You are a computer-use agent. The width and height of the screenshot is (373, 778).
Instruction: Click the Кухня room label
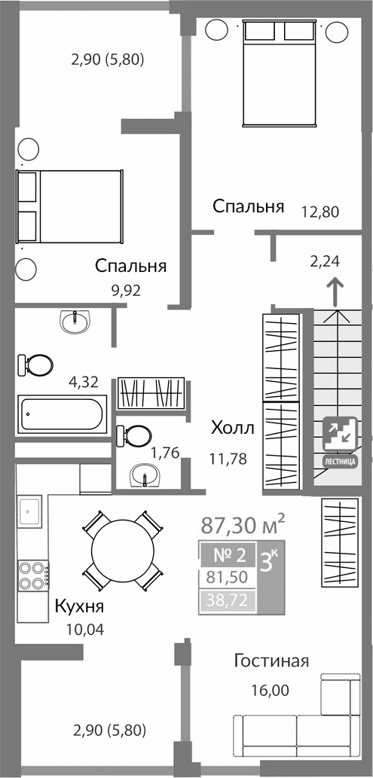pos(78,607)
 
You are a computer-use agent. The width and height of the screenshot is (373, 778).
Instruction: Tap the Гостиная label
pos(271,661)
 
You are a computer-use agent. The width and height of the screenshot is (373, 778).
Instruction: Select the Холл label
pos(232,429)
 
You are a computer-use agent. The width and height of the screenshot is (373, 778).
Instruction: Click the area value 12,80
pos(320,212)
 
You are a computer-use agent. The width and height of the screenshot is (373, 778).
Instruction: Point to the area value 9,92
pos(125,288)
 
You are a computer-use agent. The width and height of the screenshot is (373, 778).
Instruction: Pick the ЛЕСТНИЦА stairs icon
pos(340,441)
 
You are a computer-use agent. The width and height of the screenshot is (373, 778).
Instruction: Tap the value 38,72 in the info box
pos(227,600)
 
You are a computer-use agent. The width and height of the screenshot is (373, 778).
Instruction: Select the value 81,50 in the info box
pos(227,578)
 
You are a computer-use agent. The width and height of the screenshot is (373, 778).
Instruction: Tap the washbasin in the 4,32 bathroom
pos(75,323)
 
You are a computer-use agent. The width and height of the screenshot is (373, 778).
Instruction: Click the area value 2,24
pos(325,262)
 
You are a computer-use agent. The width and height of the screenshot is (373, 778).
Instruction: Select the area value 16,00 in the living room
pos(270,689)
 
